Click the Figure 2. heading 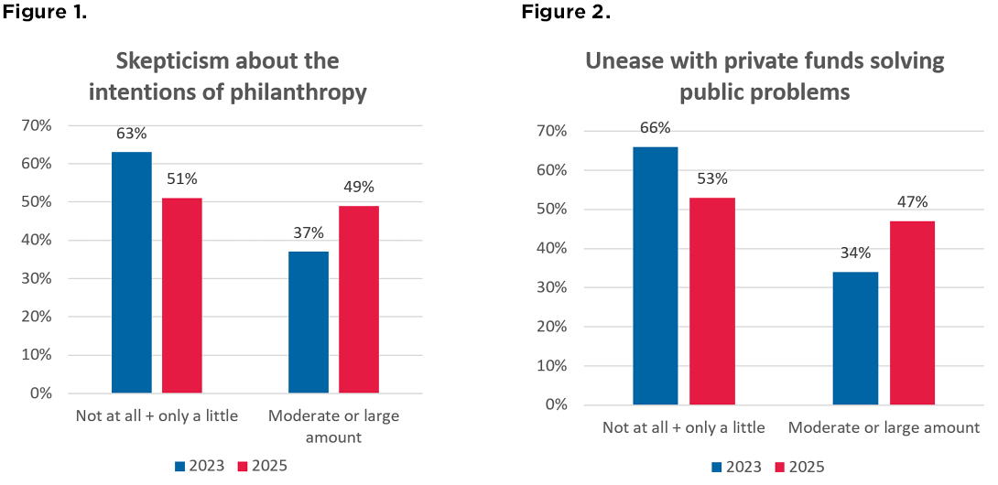coord(566,13)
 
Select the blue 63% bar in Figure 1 coord(132,272)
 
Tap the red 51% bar coord(182,295)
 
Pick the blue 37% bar coord(309,322)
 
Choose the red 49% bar coord(359,299)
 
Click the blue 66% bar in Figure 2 coord(656,275)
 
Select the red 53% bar coord(712,301)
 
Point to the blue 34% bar coord(856,338)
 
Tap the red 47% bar coord(912,312)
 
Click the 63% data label coord(132,134)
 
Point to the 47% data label coord(912,202)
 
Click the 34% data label coord(856,253)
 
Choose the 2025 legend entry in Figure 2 coord(799,467)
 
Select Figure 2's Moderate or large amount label coord(884,427)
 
